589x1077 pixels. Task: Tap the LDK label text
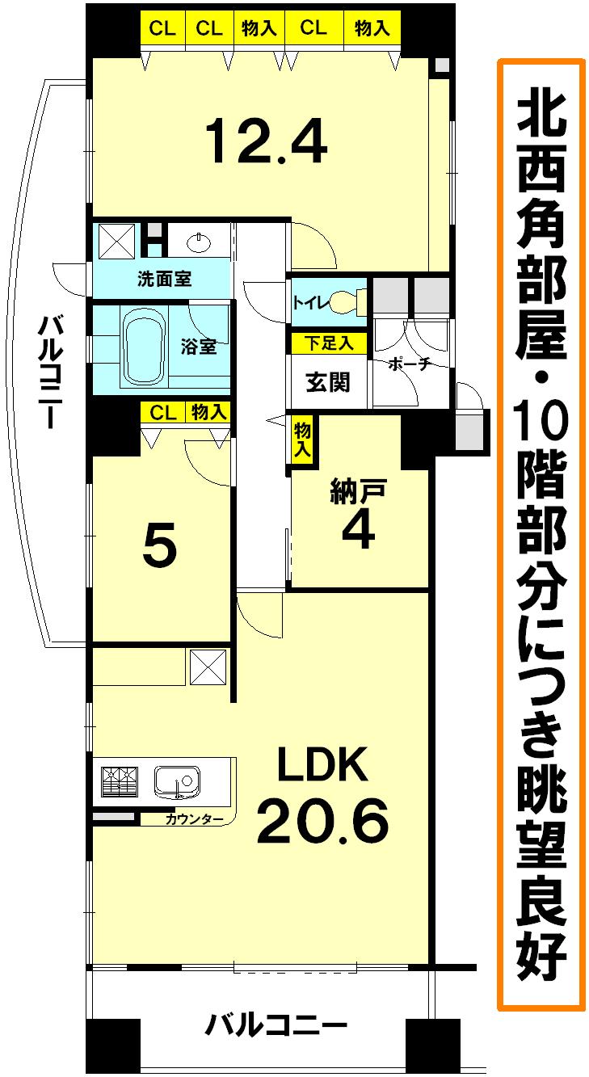coord(322,764)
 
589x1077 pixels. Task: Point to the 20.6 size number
coord(322,820)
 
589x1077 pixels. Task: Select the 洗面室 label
coord(164,280)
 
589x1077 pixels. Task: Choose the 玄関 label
coord(328,381)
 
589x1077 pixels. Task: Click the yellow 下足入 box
coord(328,342)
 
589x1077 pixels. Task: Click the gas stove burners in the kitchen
coord(120,782)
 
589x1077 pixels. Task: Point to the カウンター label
coord(194,820)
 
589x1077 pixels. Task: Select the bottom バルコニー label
coord(275,1027)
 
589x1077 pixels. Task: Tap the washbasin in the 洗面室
coord(198,240)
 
